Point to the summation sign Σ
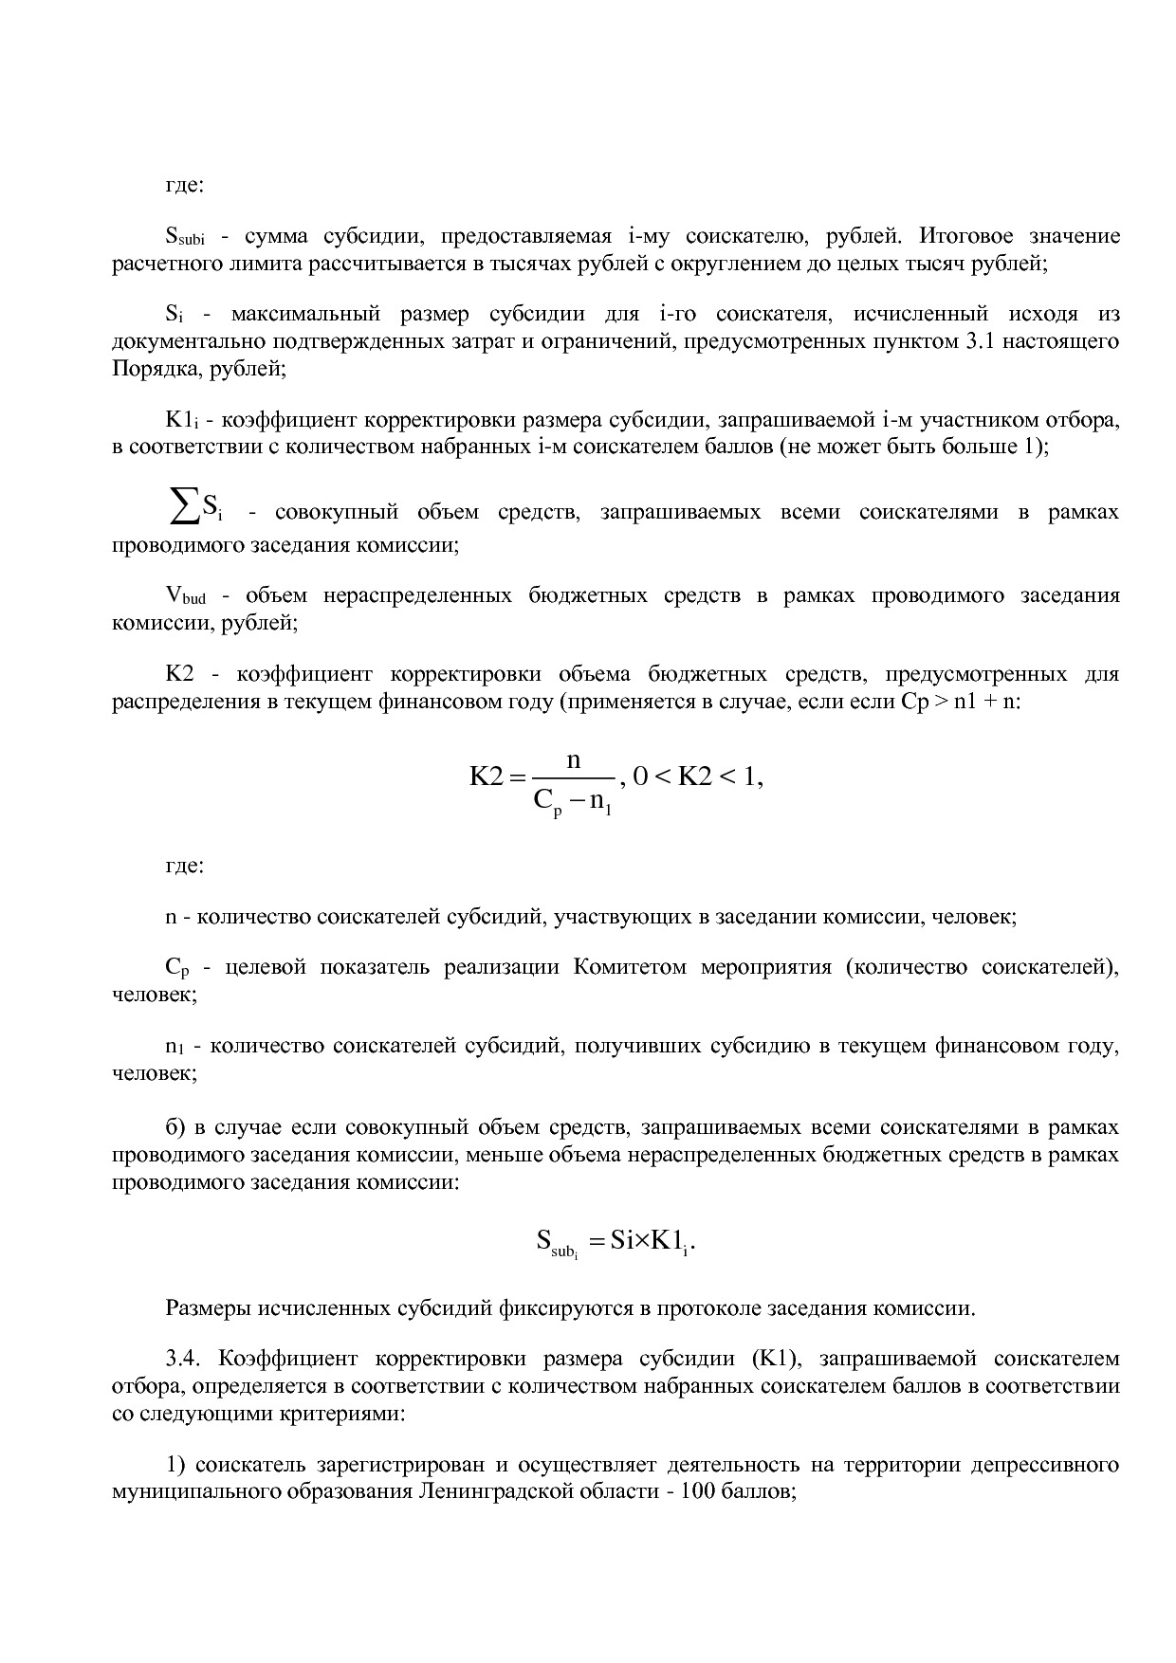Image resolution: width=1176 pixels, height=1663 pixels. pyautogui.click(x=181, y=509)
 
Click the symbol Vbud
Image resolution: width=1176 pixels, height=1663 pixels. pyautogui.click(x=186, y=596)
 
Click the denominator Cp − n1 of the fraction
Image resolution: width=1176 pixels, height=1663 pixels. pyautogui.click(x=573, y=802)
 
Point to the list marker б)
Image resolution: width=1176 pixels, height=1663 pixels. pyautogui.click(x=175, y=1127)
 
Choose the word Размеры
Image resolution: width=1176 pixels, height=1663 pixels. pyautogui.click(x=206, y=1308)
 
